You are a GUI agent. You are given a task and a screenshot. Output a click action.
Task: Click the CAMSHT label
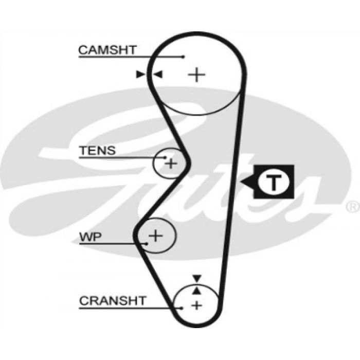point(107,50)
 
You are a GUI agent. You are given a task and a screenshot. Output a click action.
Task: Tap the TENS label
point(97,151)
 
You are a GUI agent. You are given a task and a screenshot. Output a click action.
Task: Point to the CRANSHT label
point(113,300)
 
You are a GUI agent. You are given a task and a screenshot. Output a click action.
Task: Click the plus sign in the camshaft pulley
point(196,75)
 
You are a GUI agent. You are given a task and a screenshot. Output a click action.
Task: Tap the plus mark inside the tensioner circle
point(171,164)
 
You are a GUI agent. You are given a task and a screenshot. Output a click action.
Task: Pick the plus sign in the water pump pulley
point(155,236)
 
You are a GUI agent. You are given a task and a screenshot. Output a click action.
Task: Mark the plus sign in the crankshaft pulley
point(196,305)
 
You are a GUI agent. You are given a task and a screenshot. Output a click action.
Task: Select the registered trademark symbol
point(352,206)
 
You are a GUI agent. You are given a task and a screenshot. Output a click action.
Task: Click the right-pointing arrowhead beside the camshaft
point(140,75)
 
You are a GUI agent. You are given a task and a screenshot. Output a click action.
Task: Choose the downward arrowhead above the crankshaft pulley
point(196,278)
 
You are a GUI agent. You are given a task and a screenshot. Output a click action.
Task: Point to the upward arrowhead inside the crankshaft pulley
point(196,291)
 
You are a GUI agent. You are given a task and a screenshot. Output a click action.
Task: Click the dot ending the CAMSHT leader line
point(183,57)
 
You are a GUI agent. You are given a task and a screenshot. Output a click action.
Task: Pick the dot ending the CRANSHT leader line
point(182,308)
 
